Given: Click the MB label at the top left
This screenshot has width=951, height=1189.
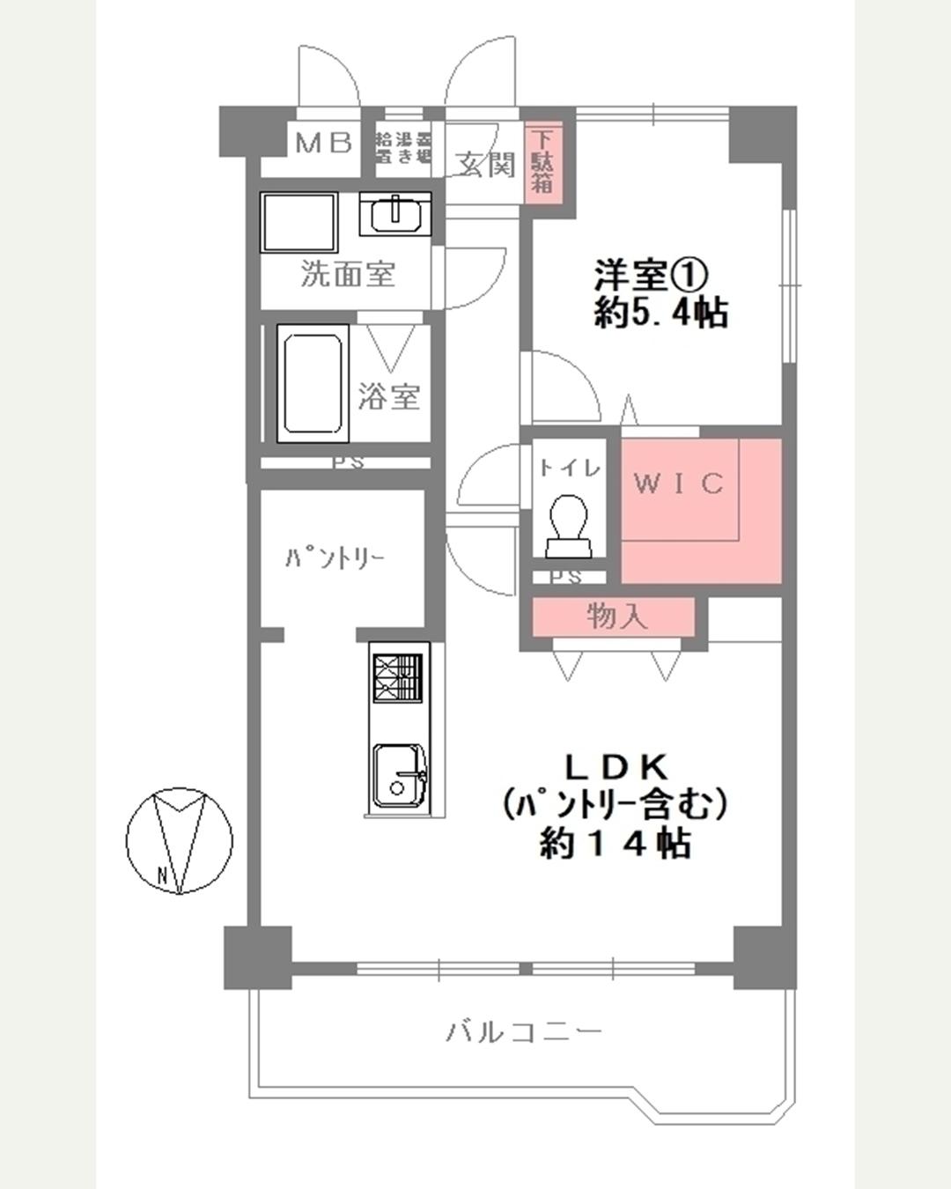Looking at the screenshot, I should [323, 143].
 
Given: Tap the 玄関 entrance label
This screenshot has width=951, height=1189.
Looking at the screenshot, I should [485, 164].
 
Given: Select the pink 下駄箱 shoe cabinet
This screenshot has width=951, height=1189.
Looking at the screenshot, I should [542, 160].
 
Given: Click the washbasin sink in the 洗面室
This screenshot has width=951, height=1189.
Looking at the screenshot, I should [395, 214].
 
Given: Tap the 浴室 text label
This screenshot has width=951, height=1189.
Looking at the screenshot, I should [388, 396].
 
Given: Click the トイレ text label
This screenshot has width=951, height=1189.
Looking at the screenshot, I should [570, 469].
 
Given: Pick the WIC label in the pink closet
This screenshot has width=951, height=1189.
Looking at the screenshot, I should [679, 484].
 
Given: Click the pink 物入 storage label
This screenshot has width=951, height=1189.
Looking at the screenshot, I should [616, 617].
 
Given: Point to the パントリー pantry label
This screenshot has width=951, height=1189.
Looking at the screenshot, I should [334, 559].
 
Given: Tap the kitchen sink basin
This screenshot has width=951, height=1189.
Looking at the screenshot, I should [398, 775].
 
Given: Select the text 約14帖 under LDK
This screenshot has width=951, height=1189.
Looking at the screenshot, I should [614, 844].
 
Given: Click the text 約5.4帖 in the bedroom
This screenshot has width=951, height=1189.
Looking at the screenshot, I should [660, 314].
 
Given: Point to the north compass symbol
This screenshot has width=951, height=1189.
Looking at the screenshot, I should [180, 840].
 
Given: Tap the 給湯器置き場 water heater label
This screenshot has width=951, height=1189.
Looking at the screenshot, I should [402, 148].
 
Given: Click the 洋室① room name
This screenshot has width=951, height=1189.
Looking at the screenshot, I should [651, 276].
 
